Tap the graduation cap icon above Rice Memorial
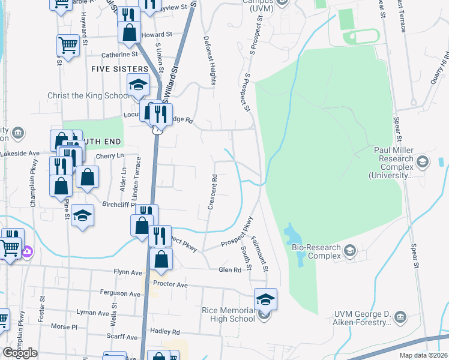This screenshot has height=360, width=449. pos(266,298)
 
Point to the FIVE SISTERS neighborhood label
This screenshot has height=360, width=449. pos(119,70)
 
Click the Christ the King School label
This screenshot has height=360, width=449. pos(88,96)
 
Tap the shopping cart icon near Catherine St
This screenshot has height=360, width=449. pos(68,45)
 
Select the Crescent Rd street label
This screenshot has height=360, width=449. pos(212,192)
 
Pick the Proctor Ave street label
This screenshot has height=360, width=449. pos(170,283)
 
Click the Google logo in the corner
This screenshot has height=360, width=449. pos(20,353)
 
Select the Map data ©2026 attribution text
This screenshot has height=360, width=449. pos(423,355)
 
